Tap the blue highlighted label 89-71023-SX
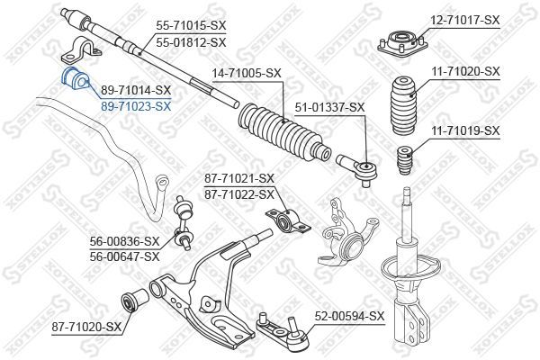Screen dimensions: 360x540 [x=136, y=105]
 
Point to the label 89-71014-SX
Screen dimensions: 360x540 [x=136, y=91]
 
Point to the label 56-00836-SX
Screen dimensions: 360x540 [x=124, y=241]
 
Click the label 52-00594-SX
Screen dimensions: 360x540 [x=349, y=316]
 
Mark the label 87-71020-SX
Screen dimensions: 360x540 [x=85, y=326]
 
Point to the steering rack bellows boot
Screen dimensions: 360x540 [x=279, y=133]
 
